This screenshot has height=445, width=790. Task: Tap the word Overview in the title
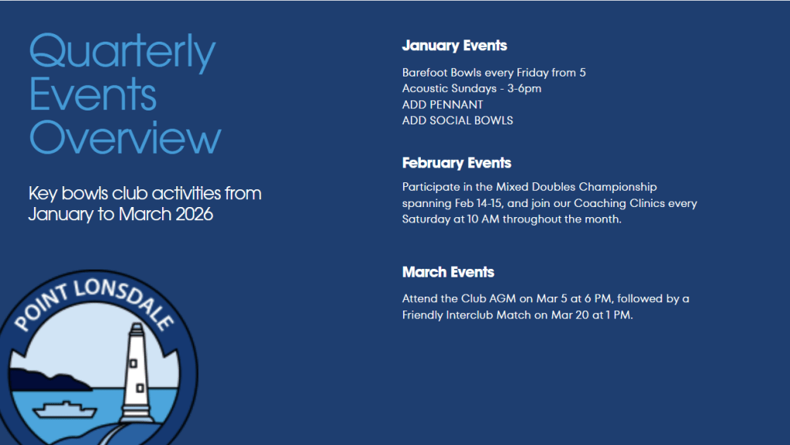[x=125, y=137]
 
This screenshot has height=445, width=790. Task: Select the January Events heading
[x=454, y=46]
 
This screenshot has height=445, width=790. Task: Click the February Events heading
[x=456, y=163]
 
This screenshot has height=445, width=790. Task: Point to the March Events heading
[x=448, y=272]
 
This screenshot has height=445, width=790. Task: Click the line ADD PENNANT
[x=442, y=104]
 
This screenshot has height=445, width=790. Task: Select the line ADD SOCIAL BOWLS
[x=457, y=121]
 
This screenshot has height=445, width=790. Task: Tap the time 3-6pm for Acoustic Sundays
[x=524, y=89]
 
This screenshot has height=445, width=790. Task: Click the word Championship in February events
[x=618, y=188]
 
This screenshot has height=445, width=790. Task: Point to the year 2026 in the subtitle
[x=194, y=214]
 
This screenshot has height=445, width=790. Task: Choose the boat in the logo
[x=65, y=409]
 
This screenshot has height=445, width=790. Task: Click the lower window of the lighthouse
[x=140, y=388]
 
